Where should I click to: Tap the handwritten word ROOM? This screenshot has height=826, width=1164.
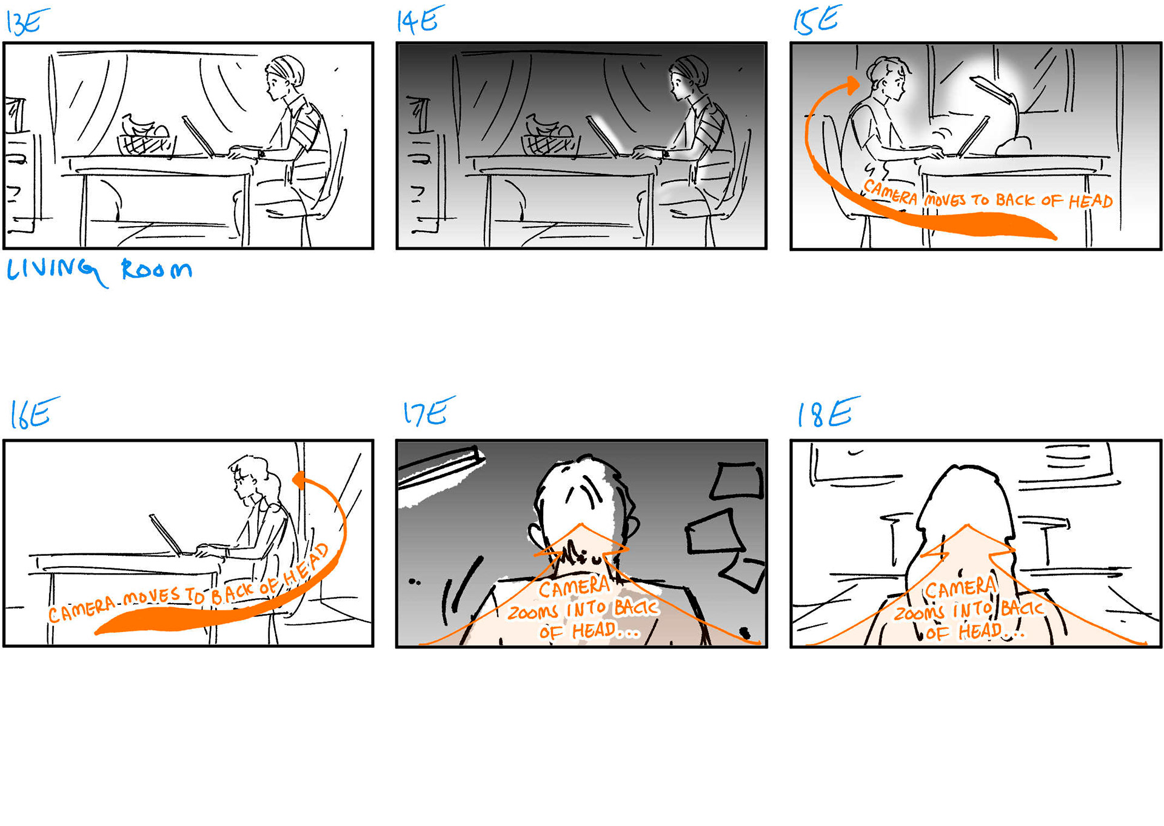click(x=157, y=269)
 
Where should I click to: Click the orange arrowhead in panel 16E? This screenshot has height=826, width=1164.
click(x=299, y=481)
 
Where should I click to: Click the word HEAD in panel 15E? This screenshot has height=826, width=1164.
click(x=1091, y=201)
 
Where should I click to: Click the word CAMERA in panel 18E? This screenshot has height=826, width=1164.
click(x=960, y=588)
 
